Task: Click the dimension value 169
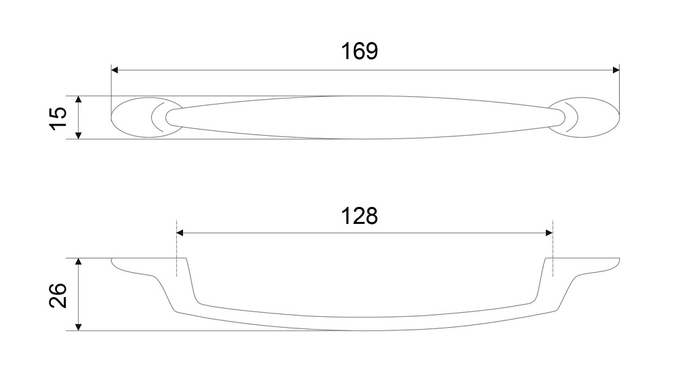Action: pyautogui.click(x=359, y=51)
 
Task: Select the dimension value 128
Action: pyautogui.click(x=359, y=216)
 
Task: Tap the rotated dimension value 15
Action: pyautogui.click(x=58, y=118)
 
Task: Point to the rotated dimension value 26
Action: pyautogui.click(x=58, y=295)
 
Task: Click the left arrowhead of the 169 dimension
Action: pyautogui.click(x=115, y=70)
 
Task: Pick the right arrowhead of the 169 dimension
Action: pyautogui.click(x=616, y=70)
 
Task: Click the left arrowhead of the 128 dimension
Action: pyautogui.click(x=180, y=233)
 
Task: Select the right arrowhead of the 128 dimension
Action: pyautogui.click(x=549, y=233)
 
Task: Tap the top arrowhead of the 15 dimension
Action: pyautogui.click(x=78, y=100)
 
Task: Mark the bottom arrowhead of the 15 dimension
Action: pyautogui.click(x=78, y=136)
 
